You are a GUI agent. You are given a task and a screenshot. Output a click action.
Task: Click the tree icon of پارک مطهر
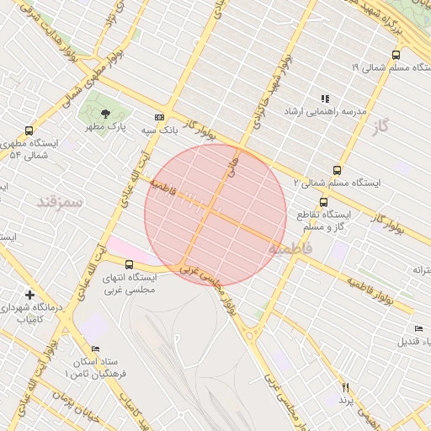click(104, 113)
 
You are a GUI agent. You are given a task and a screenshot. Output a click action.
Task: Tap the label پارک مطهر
click(104, 127)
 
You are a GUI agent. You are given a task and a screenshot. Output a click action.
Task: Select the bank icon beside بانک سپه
click(159, 117)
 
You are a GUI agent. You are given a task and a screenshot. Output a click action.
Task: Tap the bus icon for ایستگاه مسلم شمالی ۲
click(338, 169)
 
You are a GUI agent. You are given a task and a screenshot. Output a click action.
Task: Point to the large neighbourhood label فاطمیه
click(290, 249)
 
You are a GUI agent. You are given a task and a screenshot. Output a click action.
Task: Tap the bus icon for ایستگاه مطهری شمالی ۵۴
click(29, 130)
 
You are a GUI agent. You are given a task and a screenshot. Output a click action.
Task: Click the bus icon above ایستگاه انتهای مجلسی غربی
click(129, 265)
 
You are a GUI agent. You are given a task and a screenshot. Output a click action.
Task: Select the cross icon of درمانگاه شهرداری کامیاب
click(30, 295)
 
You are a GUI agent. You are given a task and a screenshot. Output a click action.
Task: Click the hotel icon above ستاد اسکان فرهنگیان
click(95, 349)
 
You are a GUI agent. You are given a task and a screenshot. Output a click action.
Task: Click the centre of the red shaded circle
click(215, 215)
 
